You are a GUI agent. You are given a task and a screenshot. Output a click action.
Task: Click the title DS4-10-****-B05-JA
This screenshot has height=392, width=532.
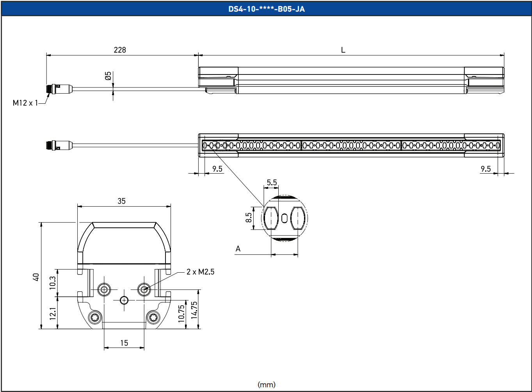pos(267,9)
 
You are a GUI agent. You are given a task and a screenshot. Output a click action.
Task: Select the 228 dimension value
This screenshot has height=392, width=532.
pos(120,50)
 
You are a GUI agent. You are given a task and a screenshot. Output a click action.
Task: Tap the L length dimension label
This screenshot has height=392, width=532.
pos(343,50)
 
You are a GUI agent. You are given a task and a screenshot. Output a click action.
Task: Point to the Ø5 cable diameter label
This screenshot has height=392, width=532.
pos(108,76)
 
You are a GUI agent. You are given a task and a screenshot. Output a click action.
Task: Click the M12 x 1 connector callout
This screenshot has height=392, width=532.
pos(25,103)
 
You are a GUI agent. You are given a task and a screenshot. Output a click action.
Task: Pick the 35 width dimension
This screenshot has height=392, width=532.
pos(122,201)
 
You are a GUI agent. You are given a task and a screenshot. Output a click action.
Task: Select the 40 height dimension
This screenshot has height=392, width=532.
pos(36,277)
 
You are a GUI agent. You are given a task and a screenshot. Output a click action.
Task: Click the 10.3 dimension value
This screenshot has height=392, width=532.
pos(52,283)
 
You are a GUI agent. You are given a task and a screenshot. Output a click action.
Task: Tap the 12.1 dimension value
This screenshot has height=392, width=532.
pos(53,314)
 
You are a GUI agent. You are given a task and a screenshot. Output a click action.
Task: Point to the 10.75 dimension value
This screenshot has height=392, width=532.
pos(181,314)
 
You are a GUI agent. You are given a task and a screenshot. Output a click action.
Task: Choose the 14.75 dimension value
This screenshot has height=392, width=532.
pos(194,310)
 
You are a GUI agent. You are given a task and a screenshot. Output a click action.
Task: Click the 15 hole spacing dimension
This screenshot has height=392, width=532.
pos(124,343)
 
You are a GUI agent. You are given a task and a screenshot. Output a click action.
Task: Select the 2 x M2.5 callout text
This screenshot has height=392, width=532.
pos(201,272)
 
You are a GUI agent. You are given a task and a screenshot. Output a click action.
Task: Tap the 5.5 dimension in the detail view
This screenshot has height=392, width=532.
pos(272,183)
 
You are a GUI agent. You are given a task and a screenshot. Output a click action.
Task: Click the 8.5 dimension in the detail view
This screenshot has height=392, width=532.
pos(249,217)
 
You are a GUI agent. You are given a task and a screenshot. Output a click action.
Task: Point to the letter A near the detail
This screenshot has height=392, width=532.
pos(238,249)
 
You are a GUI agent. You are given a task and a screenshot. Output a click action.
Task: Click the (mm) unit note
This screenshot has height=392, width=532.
pos(267,385)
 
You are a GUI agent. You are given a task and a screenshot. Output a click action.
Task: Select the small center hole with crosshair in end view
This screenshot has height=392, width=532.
pos(124,300)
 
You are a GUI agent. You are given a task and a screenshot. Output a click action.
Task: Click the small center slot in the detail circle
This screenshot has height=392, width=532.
pos(284,218)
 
